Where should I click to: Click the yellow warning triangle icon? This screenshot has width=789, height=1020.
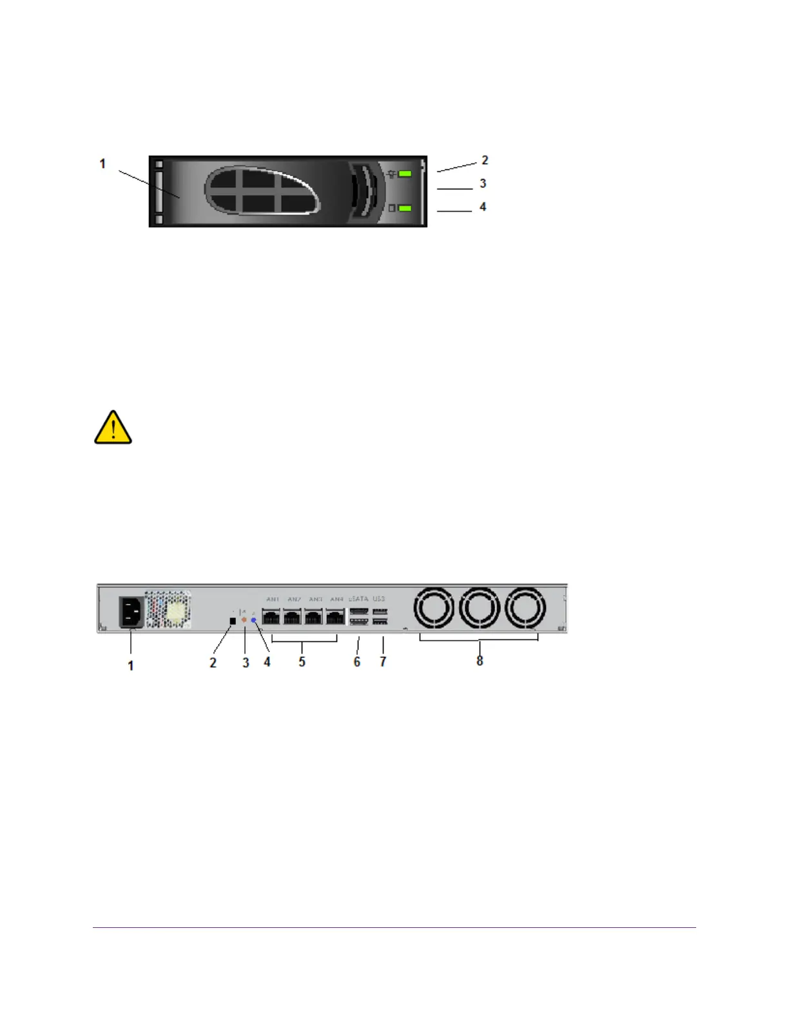113,428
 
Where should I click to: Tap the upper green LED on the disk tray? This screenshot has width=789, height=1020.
405,174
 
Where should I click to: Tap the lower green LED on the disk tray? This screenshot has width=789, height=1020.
405,209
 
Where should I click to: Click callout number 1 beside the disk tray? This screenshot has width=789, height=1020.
102,164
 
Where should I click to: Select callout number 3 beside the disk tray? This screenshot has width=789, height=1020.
483,184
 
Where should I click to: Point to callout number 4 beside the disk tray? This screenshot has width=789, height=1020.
483,207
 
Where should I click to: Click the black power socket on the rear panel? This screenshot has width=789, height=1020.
131,612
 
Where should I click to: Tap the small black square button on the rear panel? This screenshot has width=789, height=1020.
233,621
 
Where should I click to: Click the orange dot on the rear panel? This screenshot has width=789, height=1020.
244,619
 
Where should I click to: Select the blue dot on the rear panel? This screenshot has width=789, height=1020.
254,620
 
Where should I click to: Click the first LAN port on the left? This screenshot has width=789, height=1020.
271,617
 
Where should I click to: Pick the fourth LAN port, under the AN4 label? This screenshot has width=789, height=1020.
335,617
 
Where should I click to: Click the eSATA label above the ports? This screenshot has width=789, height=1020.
358,599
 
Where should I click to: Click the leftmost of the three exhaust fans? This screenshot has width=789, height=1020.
434,608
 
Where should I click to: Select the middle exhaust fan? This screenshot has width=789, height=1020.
480,608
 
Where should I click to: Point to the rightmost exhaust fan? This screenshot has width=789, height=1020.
525,608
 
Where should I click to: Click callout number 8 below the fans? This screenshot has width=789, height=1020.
480,661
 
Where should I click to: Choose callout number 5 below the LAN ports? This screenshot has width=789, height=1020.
302,662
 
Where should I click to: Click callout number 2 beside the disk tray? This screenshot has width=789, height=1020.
485,160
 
